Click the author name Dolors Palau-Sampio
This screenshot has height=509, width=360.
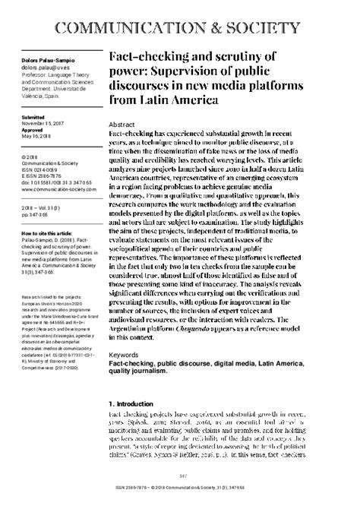[41, 58]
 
